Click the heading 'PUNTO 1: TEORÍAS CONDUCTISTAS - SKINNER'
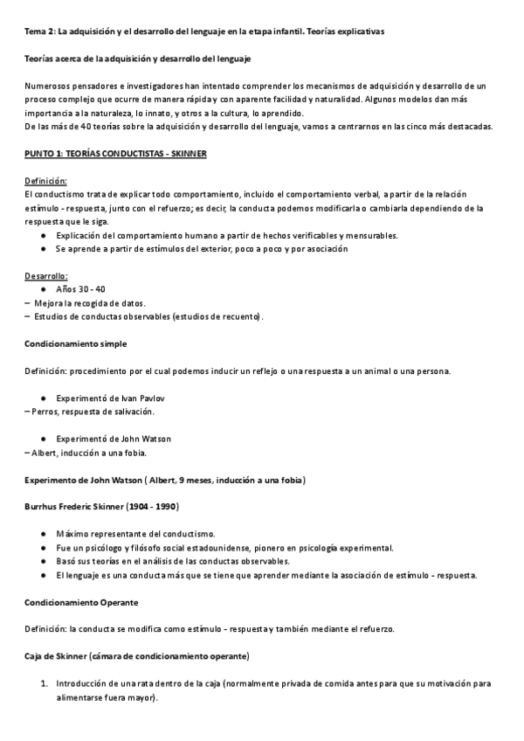(114, 154)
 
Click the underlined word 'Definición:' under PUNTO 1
(46, 180)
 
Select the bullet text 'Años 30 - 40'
(81, 288)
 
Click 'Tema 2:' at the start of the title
(40, 32)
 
